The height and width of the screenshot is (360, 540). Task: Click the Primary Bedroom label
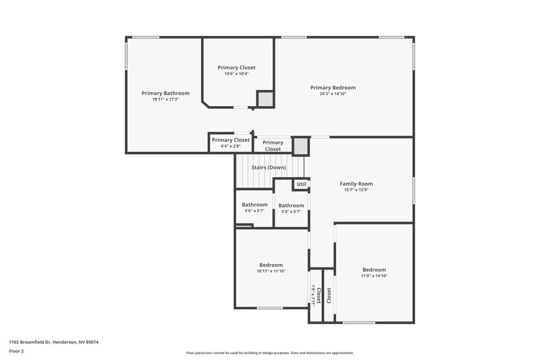[x=333, y=87]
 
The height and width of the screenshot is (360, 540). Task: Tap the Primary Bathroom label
[x=165, y=93]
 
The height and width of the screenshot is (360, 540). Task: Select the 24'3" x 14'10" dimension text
[x=333, y=94]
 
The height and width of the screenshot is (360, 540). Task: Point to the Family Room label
[x=356, y=184]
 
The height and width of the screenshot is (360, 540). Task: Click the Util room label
[x=301, y=184]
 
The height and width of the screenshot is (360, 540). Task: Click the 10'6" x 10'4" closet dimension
[x=236, y=74]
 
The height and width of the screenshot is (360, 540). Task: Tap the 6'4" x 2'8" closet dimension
[x=230, y=146]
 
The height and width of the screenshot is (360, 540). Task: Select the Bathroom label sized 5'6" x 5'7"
[x=254, y=205]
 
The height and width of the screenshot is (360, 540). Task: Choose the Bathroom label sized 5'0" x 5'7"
[x=292, y=205]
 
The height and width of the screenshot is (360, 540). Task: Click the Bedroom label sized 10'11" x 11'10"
[x=271, y=265]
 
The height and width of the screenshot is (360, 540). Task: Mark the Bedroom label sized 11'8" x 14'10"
[x=373, y=269]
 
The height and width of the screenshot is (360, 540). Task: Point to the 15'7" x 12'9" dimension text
[x=356, y=190]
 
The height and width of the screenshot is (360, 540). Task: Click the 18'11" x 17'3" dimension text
[x=165, y=99]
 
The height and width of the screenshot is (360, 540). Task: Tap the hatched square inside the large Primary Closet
[x=265, y=99]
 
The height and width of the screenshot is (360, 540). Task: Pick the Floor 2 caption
[x=16, y=352]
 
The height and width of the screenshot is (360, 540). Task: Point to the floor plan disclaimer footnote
[x=269, y=353]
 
